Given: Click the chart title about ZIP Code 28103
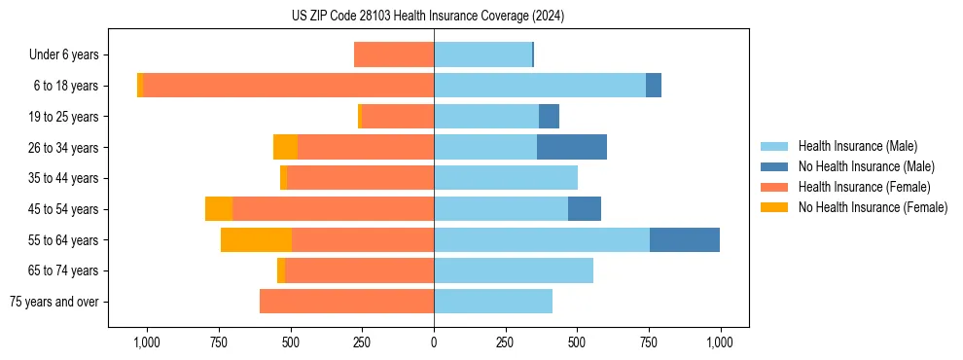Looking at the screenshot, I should click(428, 17).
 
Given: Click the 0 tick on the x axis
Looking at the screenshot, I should click(434, 342).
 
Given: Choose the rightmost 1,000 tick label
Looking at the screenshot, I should click(720, 342).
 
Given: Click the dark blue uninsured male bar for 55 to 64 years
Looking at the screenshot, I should click(685, 239).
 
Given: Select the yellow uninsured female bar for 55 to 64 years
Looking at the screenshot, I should click(256, 239).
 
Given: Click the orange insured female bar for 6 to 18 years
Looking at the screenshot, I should click(288, 86).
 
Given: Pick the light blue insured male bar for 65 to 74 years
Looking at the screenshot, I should click(514, 270).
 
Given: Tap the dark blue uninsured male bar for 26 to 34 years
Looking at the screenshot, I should click(572, 147).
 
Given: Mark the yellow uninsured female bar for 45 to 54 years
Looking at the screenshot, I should click(219, 209).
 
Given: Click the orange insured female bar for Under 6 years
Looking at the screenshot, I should click(394, 54).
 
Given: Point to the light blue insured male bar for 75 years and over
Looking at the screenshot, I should click(493, 302).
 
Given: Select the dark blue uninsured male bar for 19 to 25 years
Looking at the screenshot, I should click(550, 117).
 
